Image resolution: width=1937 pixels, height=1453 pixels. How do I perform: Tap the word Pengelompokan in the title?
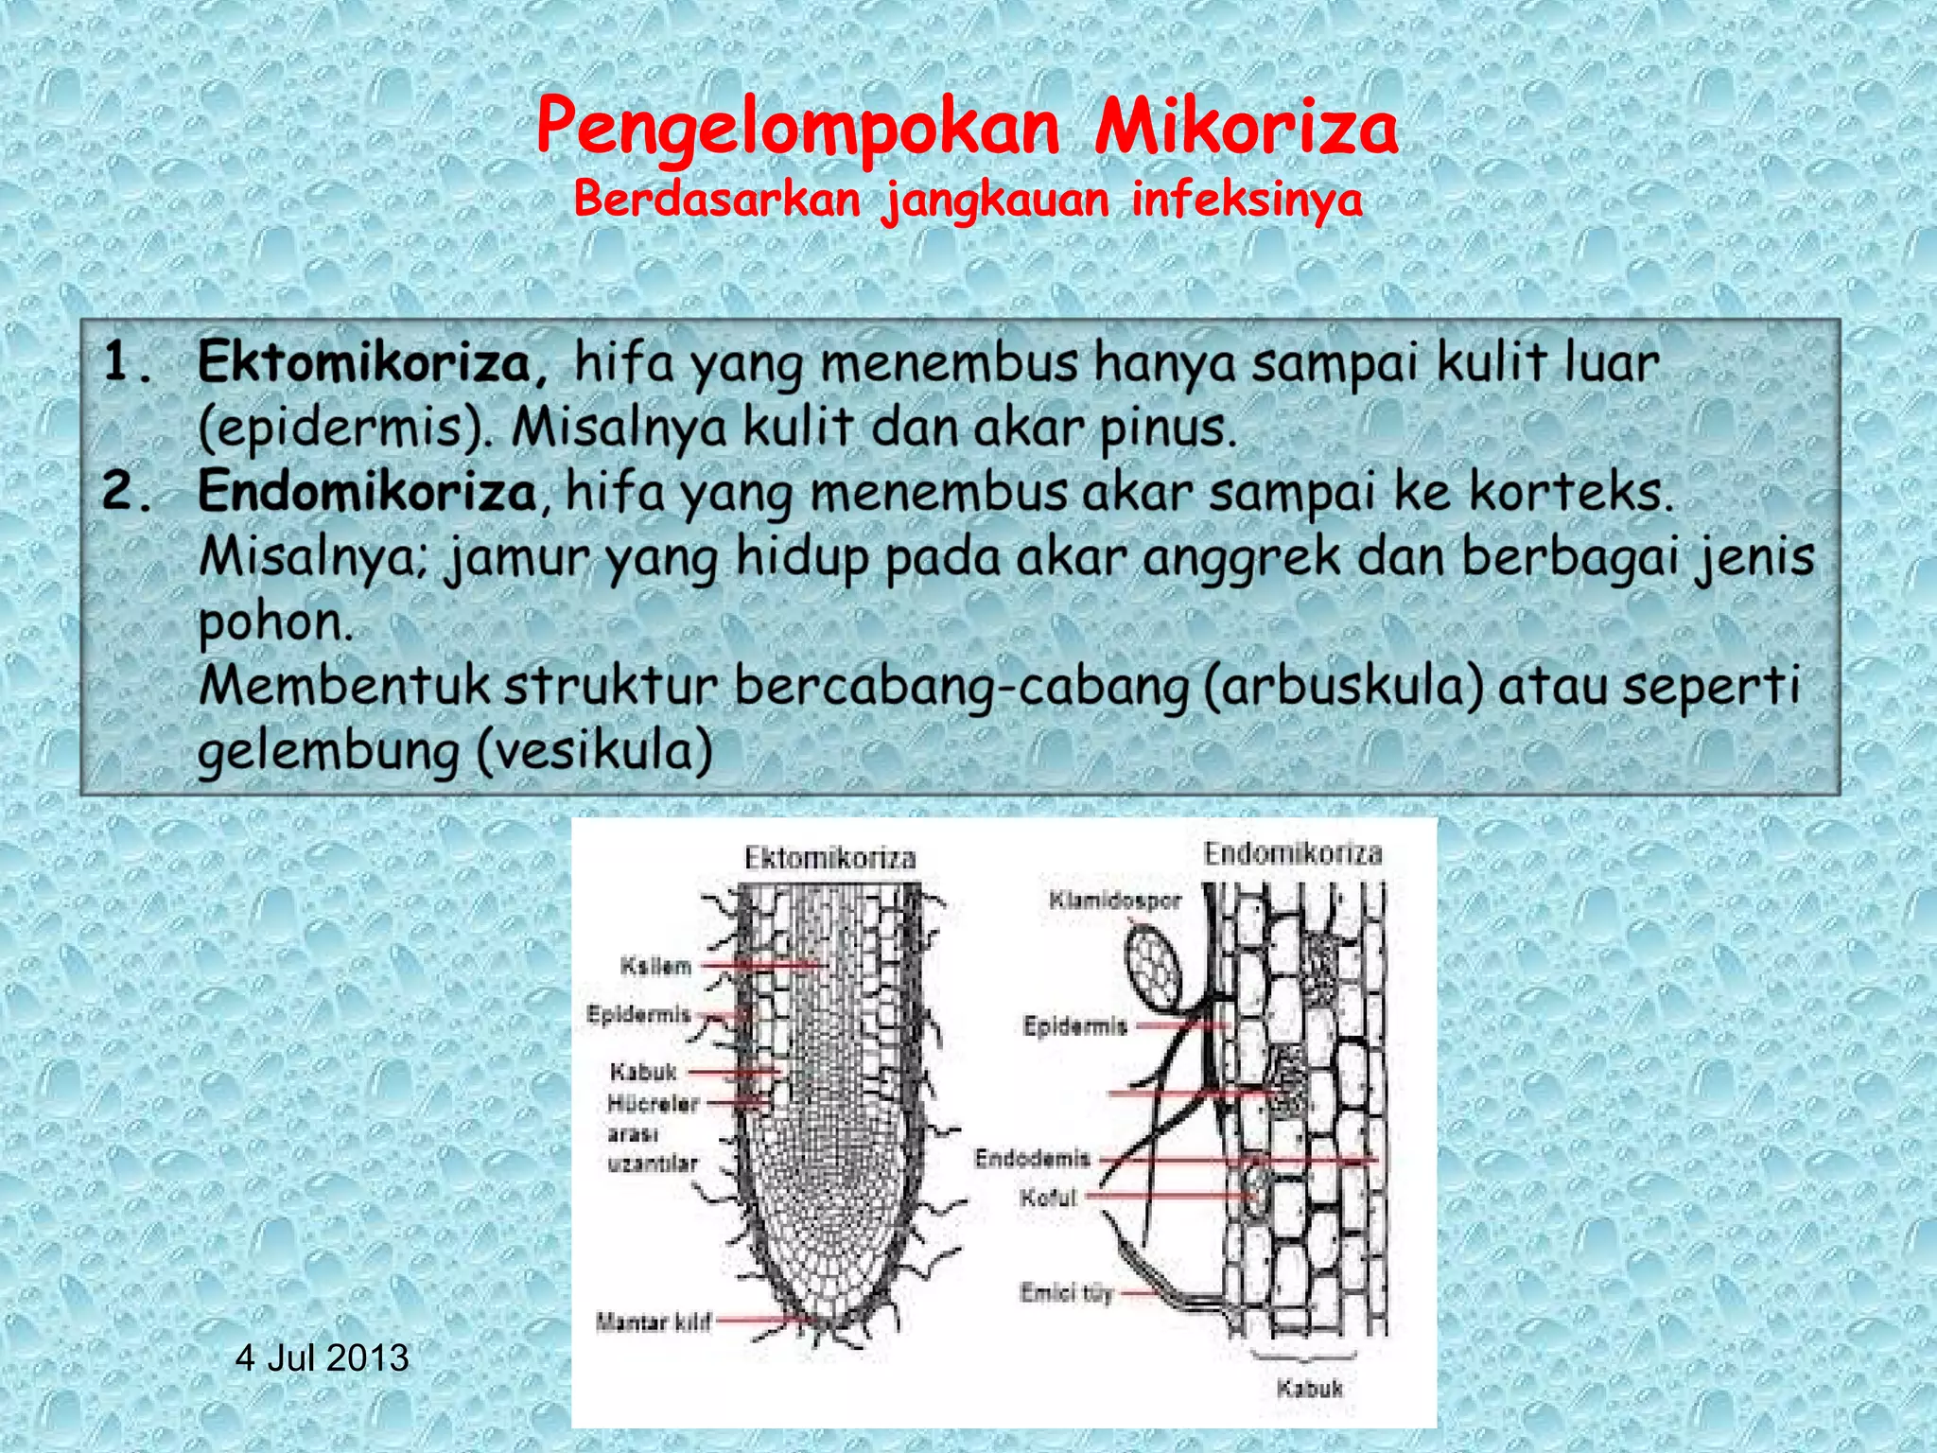(797, 130)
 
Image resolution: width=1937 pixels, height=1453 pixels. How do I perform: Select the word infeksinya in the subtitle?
(1248, 200)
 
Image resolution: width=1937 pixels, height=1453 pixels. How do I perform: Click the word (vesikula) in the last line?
(594, 752)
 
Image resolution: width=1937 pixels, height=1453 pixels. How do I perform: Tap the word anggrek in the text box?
(1241, 557)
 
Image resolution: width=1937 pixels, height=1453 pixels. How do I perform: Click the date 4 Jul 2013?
(322, 1358)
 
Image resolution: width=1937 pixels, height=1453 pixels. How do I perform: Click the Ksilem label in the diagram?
(655, 966)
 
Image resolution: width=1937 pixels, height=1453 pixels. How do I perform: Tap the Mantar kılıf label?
(654, 1322)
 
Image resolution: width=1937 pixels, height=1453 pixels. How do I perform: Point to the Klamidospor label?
(1115, 900)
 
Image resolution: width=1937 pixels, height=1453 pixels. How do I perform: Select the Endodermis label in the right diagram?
(1033, 1158)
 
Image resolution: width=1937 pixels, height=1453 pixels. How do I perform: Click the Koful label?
(1048, 1198)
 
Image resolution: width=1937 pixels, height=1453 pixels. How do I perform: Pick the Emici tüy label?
(1066, 1292)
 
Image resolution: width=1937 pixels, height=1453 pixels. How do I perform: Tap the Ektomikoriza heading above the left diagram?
(830, 858)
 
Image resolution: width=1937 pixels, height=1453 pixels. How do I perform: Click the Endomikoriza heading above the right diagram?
(1292, 853)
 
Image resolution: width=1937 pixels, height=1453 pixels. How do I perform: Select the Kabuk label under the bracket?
(1309, 1389)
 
